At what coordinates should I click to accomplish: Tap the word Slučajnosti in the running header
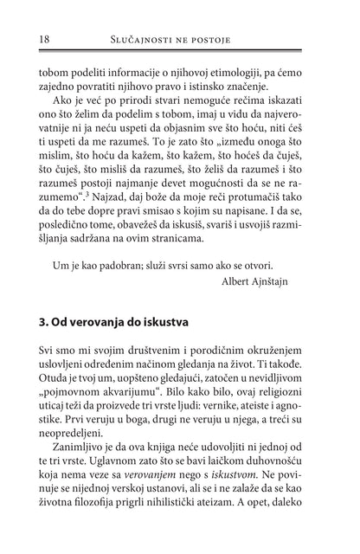130,40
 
